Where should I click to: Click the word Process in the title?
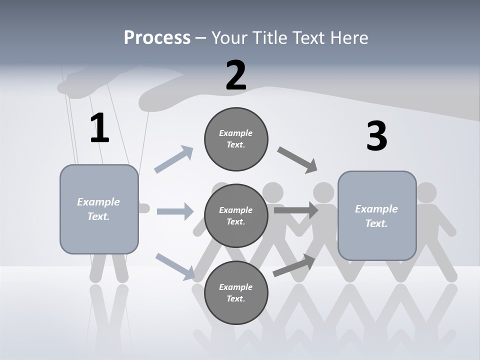tap(157, 38)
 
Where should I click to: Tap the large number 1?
tap(99, 128)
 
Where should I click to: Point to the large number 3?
tap(376, 136)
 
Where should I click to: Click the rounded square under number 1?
tap(99, 209)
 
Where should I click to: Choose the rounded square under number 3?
tap(377, 215)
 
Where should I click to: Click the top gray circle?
tap(236, 139)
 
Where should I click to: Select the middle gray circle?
tap(236, 215)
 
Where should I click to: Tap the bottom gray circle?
tap(236, 292)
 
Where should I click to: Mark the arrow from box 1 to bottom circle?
tap(175, 266)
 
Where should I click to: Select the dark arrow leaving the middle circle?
tap(295, 210)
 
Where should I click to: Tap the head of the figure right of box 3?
tap(426, 192)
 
